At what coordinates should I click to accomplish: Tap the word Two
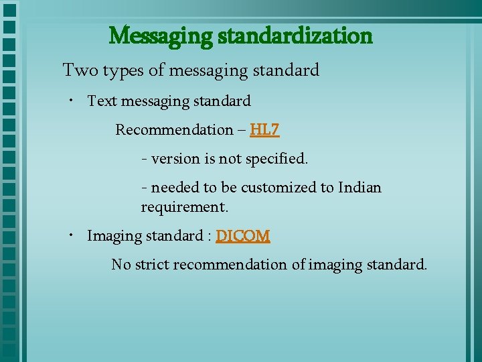tap(79, 70)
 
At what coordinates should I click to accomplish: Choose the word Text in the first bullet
tap(102, 101)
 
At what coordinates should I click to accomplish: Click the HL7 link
tap(264, 129)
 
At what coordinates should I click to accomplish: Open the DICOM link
tap(243, 236)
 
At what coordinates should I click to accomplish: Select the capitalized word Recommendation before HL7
tap(173, 129)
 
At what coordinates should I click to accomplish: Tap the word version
tap(175, 159)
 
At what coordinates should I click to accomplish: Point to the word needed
tap(175, 188)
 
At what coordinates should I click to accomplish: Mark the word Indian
tap(360, 188)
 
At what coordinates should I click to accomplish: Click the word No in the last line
tap(121, 265)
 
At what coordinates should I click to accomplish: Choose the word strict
tap(152, 265)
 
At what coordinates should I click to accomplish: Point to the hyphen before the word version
tap(145, 160)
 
